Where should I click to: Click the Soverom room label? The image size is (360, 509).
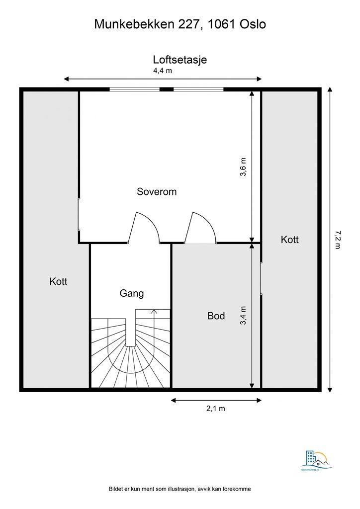coord(157,191)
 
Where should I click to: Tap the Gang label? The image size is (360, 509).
coord(132,293)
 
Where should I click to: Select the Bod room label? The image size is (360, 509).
coord(216,316)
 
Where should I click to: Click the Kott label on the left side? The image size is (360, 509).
coord(58,281)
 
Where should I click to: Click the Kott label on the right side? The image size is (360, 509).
coord(290,240)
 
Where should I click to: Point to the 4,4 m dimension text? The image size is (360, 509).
coord(162,71)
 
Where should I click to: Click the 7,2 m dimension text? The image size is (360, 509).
coord(337,240)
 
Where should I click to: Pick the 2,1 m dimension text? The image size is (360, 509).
coord(216,409)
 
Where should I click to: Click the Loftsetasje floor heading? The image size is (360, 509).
coord(180,60)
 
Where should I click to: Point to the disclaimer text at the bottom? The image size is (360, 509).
coord(180,489)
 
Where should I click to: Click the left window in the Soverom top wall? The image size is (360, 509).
coord(134,89)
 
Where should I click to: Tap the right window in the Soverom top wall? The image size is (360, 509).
coord(198,89)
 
